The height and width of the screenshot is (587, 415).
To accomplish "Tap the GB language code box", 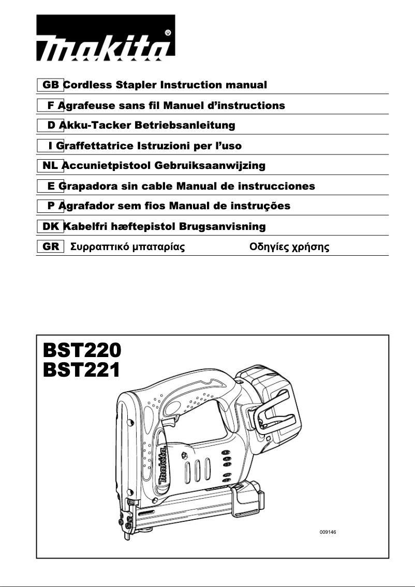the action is (x=50, y=85).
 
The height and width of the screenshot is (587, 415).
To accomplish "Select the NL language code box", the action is (x=50, y=165).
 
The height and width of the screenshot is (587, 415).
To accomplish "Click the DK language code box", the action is (x=50, y=226).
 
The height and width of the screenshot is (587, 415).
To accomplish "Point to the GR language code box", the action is (x=50, y=246).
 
